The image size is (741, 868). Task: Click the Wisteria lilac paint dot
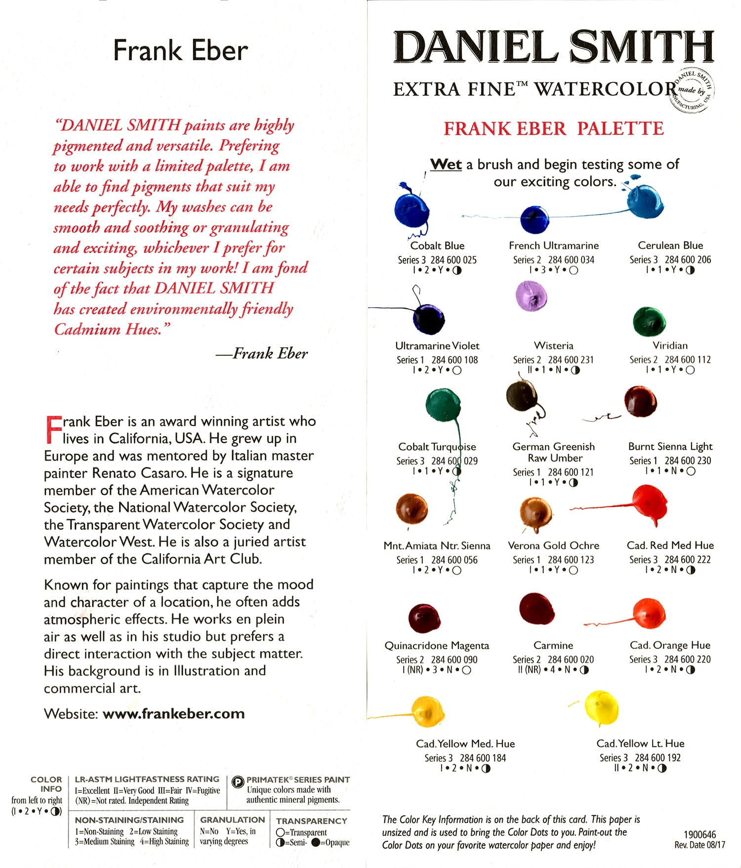point(531,295)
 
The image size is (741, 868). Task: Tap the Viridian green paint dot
point(649,321)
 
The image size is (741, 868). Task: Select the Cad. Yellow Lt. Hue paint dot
point(601,707)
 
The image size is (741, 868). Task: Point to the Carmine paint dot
point(537,609)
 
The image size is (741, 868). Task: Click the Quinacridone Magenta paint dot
point(424,618)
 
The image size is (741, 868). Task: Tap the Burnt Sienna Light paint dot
point(640,401)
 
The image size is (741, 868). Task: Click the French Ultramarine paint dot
point(535,219)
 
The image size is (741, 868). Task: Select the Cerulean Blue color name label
point(670,246)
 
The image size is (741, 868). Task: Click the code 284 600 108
point(454,360)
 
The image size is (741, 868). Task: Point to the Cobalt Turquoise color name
point(437,447)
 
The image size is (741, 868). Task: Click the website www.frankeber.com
point(173,714)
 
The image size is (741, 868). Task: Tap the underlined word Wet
point(446,165)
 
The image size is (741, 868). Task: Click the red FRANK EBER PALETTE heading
point(553,129)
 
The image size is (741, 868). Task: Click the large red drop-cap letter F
point(52,429)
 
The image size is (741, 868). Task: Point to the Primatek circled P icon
point(238,781)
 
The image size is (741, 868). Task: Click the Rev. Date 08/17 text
point(700,845)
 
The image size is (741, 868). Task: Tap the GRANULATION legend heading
point(232,820)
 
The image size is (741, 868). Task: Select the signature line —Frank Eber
point(261,354)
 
